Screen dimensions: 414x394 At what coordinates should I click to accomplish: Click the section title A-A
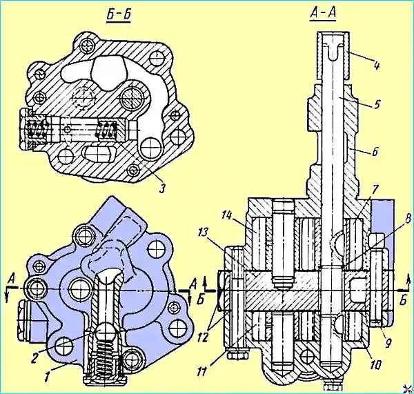[x=323, y=14]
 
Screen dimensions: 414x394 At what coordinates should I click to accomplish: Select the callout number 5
[x=376, y=105]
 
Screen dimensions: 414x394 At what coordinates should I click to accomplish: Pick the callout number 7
[x=375, y=190]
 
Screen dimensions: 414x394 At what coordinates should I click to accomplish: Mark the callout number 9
[x=388, y=342]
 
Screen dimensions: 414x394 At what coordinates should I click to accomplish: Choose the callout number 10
[x=375, y=366]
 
